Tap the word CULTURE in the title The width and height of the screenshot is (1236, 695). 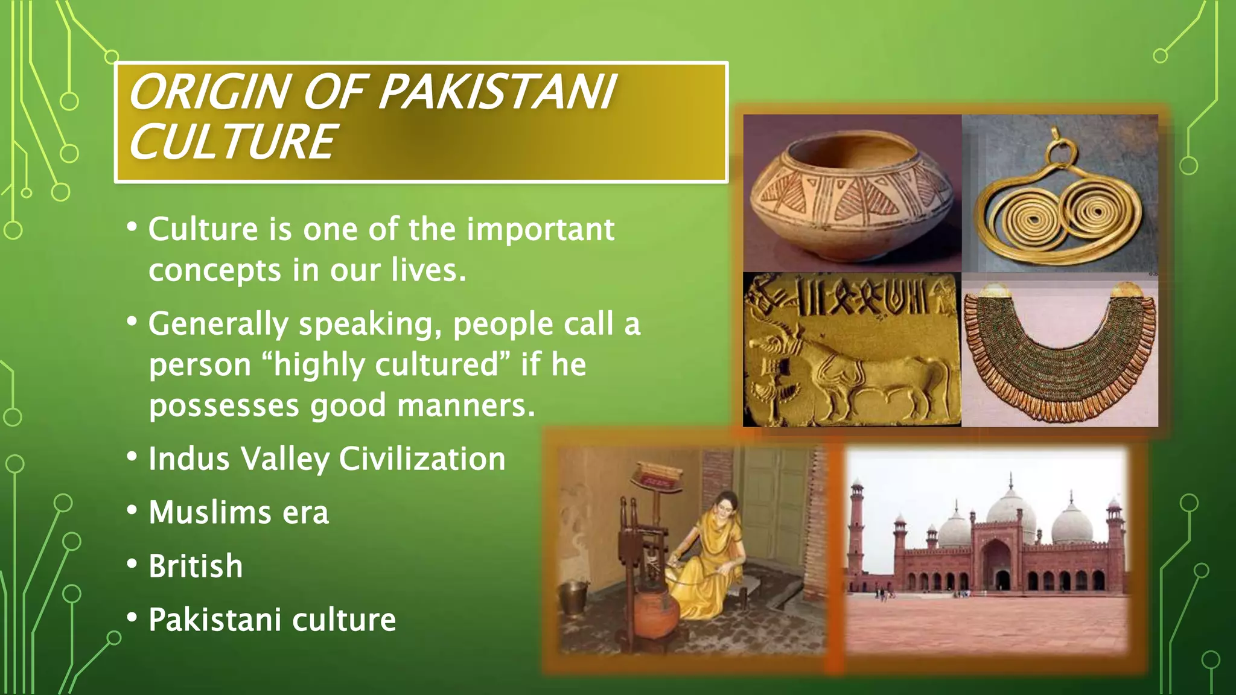[x=232, y=142]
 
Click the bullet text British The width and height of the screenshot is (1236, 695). [x=196, y=566]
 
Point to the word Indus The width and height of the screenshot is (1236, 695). [x=188, y=459]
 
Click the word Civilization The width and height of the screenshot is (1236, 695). [x=422, y=459]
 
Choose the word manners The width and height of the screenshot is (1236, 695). [x=465, y=405]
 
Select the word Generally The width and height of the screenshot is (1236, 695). [x=218, y=325]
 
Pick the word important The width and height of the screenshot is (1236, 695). [x=540, y=229]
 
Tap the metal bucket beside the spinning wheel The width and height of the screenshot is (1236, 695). [x=574, y=597]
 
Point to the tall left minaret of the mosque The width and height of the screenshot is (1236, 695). [x=856, y=531]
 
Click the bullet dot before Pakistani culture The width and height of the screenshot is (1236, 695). [x=132, y=618]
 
